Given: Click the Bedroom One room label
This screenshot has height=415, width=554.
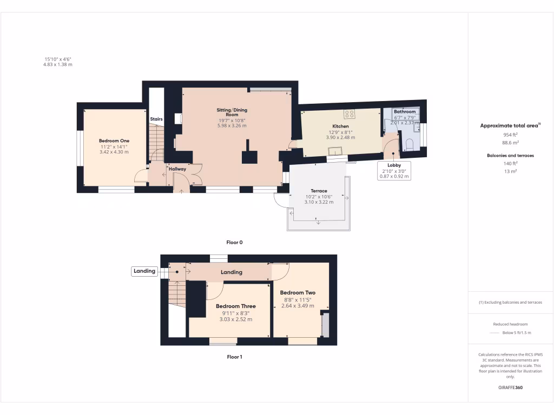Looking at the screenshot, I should click(x=114, y=140).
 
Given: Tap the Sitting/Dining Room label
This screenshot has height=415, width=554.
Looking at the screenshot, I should click(x=232, y=112).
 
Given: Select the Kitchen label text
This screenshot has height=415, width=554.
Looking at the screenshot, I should click(x=340, y=126).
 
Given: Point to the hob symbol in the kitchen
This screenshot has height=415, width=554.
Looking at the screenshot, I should click(x=349, y=114).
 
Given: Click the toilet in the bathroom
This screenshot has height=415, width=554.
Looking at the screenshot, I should click(x=410, y=144).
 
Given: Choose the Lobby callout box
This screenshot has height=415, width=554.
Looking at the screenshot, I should click(x=393, y=170).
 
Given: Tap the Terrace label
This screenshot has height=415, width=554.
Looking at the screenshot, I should click(x=319, y=191).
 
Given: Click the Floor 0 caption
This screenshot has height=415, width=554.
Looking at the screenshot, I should click(x=234, y=243).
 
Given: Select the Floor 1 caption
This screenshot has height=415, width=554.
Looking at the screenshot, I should click(x=234, y=357).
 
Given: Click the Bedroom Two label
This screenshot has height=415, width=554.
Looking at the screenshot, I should click(x=298, y=293).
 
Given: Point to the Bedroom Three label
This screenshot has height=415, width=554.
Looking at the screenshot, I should click(x=236, y=306).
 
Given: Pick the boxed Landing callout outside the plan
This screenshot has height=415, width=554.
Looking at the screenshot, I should click(x=144, y=271).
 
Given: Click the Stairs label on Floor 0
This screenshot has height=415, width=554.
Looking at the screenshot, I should click(x=156, y=119).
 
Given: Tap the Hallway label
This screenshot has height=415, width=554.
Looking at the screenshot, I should click(x=177, y=169).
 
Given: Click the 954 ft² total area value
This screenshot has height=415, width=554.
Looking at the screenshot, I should click(x=511, y=135).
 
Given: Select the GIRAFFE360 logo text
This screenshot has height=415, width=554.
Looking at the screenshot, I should click(x=511, y=387).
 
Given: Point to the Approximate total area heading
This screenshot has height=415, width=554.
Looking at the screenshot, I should click(x=510, y=125).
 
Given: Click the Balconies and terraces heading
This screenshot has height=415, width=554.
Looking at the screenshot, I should click(x=511, y=156).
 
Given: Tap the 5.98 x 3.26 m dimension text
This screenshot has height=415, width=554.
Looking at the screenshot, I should click(x=232, y=125).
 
